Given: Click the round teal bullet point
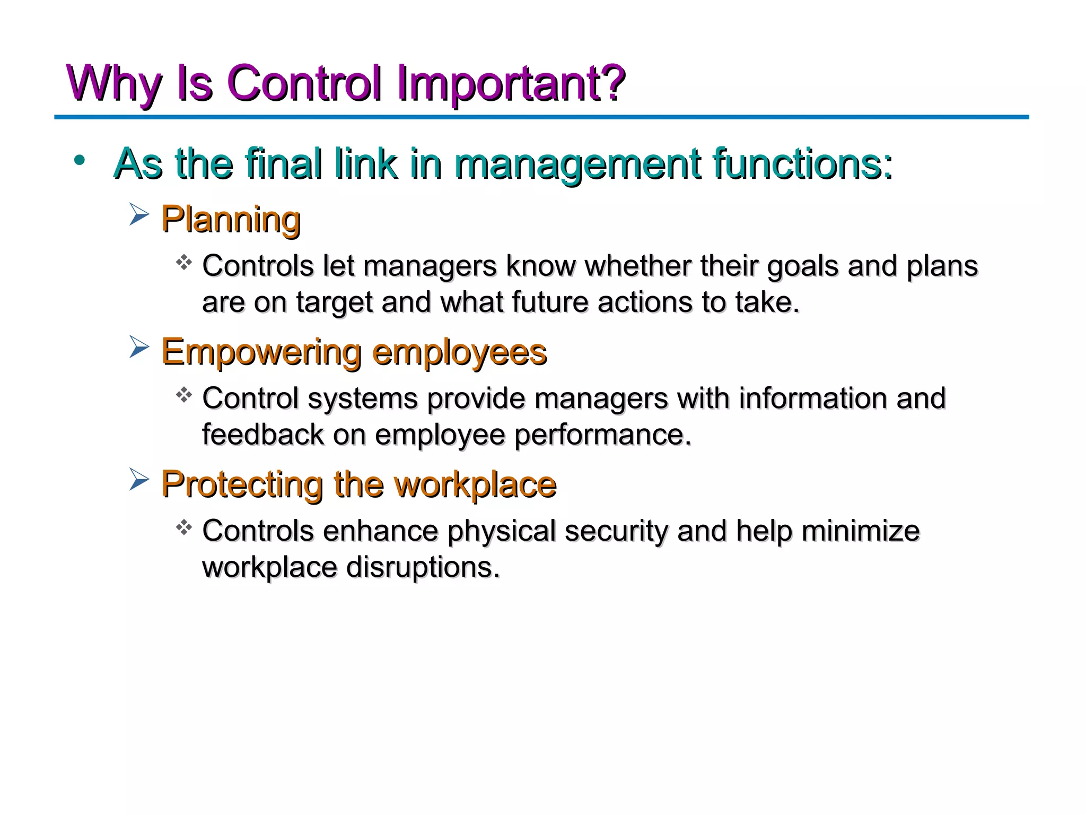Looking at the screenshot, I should (80, 160).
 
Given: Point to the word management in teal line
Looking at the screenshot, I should (577, 164).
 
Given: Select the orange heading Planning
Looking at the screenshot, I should (231, 220).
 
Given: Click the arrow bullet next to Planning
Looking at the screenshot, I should (139, 215).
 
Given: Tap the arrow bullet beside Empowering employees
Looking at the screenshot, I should (139, 348).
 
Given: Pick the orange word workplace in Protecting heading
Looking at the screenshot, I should (475, 484).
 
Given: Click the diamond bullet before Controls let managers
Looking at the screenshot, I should (183, 262).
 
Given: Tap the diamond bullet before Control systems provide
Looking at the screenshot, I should (183, 395).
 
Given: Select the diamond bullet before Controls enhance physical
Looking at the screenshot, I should (183, 527).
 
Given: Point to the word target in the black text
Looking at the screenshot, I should (334, 303).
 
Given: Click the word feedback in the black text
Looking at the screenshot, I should (262, 435).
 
